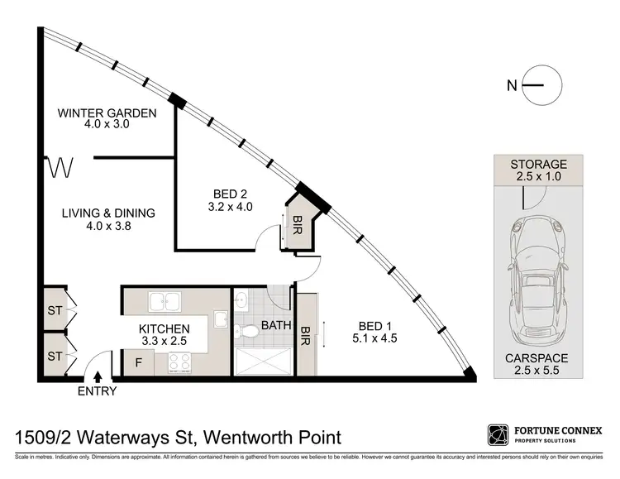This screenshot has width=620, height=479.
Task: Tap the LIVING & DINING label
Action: click(107, 213)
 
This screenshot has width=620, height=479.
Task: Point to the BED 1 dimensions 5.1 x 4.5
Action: click(369, 338)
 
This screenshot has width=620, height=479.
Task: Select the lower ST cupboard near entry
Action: click(55, 356)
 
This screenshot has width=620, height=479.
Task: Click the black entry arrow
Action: click(98, 377)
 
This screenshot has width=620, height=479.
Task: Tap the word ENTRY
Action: click(97, 392)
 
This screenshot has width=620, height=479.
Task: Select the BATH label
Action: click(276, 325)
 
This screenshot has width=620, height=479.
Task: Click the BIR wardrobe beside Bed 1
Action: click(307, 334)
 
